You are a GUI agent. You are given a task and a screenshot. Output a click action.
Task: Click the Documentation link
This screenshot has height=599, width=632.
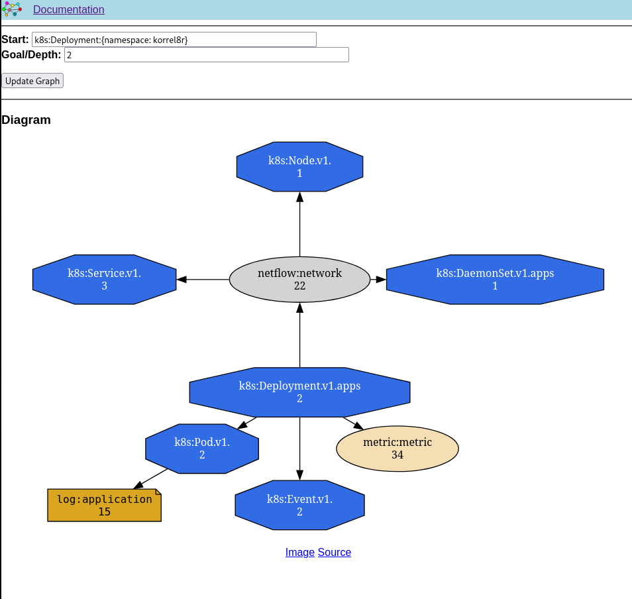pos(68,10)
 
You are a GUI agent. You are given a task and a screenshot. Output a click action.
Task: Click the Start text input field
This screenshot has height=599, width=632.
pos(174,40)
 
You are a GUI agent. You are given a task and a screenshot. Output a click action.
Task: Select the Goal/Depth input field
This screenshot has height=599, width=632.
pos(206,55)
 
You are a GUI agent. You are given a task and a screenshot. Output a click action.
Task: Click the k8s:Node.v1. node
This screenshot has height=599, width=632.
pos(299,167)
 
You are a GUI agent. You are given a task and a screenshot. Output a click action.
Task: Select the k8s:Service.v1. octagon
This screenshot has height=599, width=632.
pos(104,280)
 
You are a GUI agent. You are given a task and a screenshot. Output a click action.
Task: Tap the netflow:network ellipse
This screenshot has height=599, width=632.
pos(299,280)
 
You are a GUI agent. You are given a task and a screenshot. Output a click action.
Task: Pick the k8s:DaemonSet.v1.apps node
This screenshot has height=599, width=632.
pos(495,280)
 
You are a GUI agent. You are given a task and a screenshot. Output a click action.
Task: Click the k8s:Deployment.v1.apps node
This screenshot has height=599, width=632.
pos(299,392)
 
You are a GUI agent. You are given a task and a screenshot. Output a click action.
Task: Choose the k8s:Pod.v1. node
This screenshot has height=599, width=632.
pos(202,449)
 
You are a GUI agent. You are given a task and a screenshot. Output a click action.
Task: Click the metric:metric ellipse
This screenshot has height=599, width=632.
pos(397,449)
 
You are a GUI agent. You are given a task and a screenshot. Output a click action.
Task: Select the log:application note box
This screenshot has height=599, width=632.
pos(104,506)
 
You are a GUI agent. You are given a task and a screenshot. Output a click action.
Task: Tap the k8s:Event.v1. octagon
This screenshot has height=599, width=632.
pos(299,505)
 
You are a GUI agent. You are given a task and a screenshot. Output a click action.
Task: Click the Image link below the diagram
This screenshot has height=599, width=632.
pos(299,553)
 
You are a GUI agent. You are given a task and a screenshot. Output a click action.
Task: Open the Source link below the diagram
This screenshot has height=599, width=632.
pos(335,553)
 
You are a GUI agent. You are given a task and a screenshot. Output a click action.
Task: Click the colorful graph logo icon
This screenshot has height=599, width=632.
pos(12,9)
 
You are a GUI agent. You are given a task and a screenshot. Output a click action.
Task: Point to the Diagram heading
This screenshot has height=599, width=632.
pos(26,120)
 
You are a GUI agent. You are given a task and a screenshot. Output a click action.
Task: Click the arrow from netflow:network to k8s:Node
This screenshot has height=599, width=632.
pos(299,225)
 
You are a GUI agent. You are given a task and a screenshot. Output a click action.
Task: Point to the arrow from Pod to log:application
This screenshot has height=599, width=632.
pos(151,479)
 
